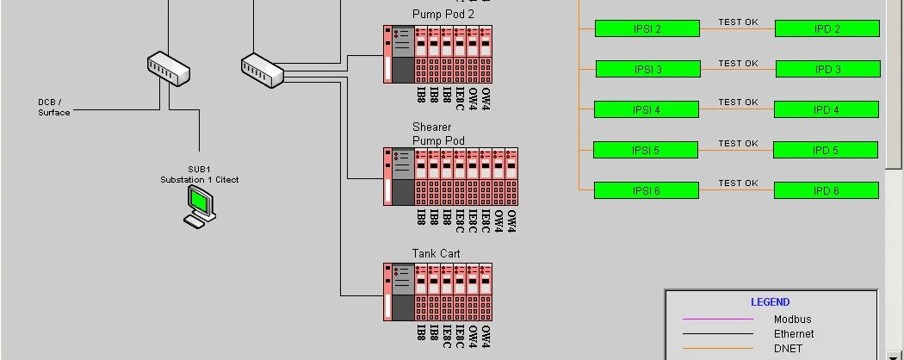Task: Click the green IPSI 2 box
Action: pyautogui.click(x=647, y=28)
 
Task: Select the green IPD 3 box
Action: pyautogui.click(x=827, y=69)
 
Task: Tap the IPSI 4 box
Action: pyautogui.click(x=646, y=109)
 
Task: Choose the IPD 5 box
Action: pyautogui.click(x=825, y=150)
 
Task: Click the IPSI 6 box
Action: pyautogui.click(x=646, y=190)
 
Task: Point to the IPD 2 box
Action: pyautogui.click(x=827, y=28)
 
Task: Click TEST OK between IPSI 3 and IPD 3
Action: pyautogui.click(x=738, y=63)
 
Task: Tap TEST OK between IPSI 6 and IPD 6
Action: pyautogui.click(x=738, y=183)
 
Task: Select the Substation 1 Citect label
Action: pyautogui.click(x=199, y=179)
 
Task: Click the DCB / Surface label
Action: pyautogui.click(x=53, y=108)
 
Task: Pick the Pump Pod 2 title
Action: pyautogui.click(x=443, y=14)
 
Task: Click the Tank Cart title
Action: pyautogui.click(x=436, y=253)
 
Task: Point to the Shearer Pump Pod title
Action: pyautogui.click(x=438, y=133)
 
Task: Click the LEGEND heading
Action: pyautogui.click(x=770, y=302)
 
